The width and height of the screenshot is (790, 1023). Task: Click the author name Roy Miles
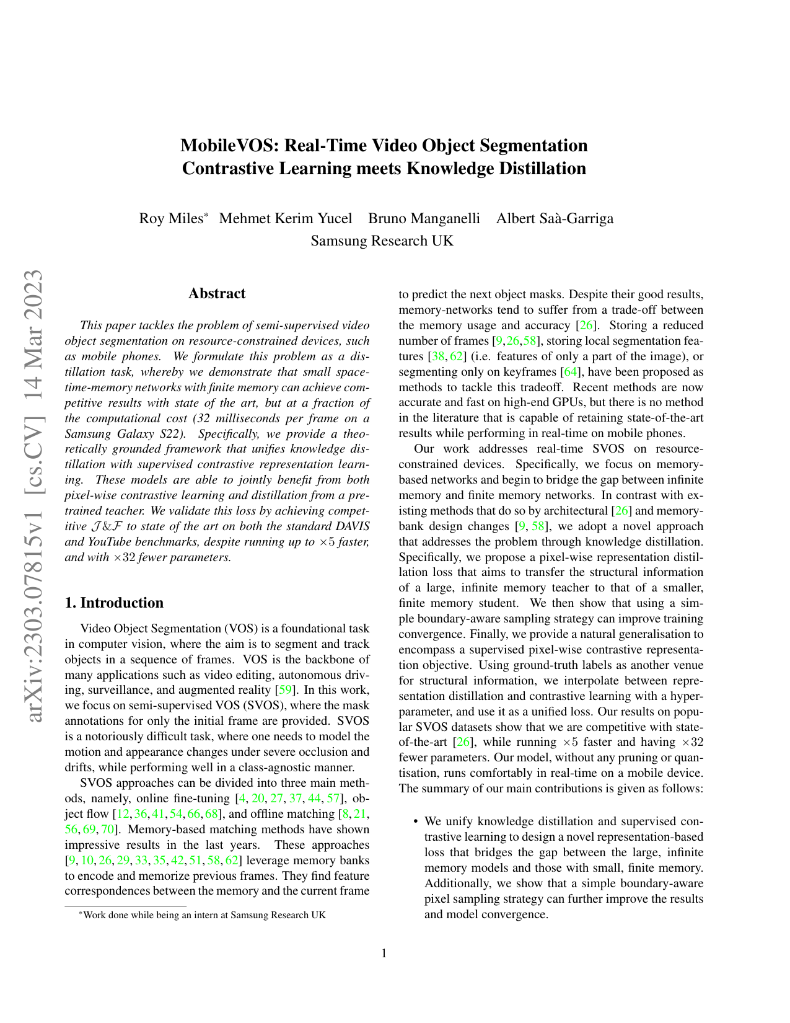tap(170, 218)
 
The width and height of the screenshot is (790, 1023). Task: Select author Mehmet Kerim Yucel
tap(286, 218)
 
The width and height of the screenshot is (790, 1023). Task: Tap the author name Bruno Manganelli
tap(424, 218)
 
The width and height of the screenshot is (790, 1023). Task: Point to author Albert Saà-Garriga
tap(555, 218)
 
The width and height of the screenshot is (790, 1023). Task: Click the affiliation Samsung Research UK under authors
tap(382, 241)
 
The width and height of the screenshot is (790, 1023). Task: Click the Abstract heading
tap(217, 293)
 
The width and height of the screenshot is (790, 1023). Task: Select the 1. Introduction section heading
tap(114, 603)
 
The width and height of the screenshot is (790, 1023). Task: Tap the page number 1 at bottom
tap(384, 953)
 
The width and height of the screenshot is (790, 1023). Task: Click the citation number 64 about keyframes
tap(568, 372)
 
